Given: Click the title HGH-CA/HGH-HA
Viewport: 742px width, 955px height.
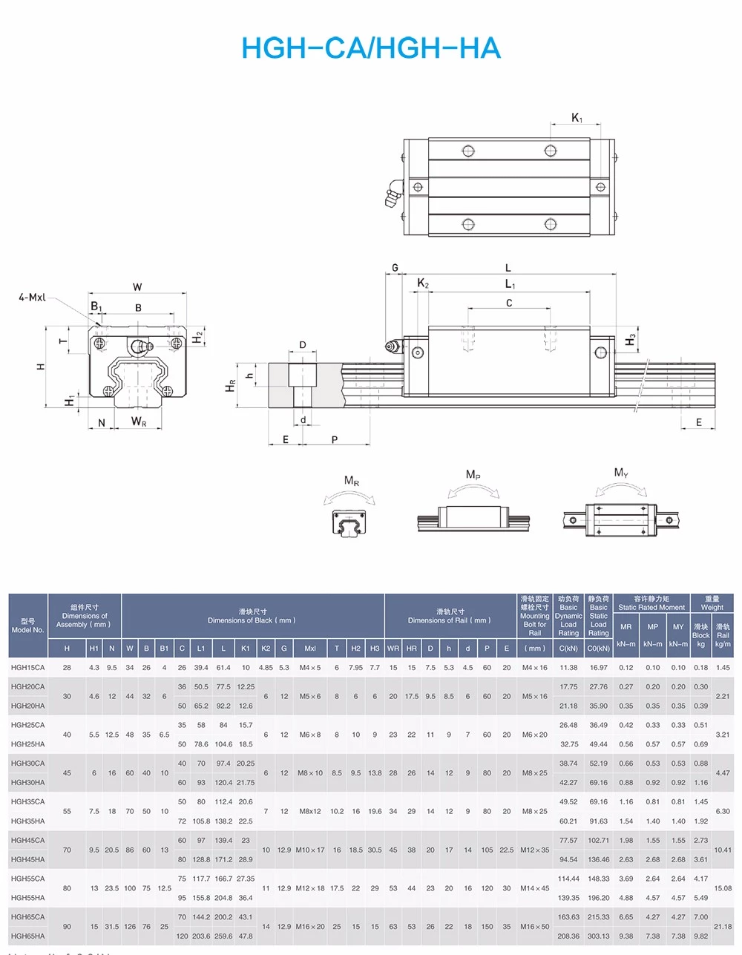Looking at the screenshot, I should pyautogui.click(x=371, y=48).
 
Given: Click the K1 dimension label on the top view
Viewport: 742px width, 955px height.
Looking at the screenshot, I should pyautogui.click(x=577, y=117).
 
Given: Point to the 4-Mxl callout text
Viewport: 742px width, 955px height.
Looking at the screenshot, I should pyautogui.click(x=32, y=297).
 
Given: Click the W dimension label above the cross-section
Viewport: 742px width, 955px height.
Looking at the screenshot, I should pyautogui.click(x=137, y=287).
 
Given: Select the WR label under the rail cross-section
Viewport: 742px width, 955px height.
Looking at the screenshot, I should pyautogui.click(x=139, y=422).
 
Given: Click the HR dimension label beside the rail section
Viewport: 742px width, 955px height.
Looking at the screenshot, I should pyautogui.click(x=231, y=386).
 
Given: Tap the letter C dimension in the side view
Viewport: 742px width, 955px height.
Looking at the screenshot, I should pyautogui.click(x=509, y=303).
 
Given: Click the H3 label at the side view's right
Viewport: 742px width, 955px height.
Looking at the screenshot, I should pyautogui.click(x=631, y=339).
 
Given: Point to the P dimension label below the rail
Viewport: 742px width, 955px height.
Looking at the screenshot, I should pyautogui.click(x=335, y=440).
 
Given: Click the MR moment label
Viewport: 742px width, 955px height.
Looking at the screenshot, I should pyautogui.click(x=351, y=481).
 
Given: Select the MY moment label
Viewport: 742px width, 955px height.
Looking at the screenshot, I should pyautogui.click(x=621, y=473).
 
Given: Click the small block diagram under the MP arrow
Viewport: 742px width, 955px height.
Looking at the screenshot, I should pyautogui.click(x=473, y=518).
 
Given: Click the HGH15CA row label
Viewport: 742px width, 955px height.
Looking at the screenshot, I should pyautogui.click(x=28, y=668).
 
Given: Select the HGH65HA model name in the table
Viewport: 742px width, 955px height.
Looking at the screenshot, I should pyautogui.click(x=28, y=936).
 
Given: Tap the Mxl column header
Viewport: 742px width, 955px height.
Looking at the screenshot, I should pyautogui.click(x=310, y=649).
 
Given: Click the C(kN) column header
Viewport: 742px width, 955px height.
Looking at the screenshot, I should pyautogui.click(x=568, y=649).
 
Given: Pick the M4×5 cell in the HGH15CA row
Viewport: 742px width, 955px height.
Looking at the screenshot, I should pyautogui.click(x=310, y=668).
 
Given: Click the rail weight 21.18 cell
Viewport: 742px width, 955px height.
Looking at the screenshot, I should pyautogui.click(x=722, y=927).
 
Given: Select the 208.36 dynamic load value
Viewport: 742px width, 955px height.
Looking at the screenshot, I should pyautogui.click(x=568, y=936).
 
